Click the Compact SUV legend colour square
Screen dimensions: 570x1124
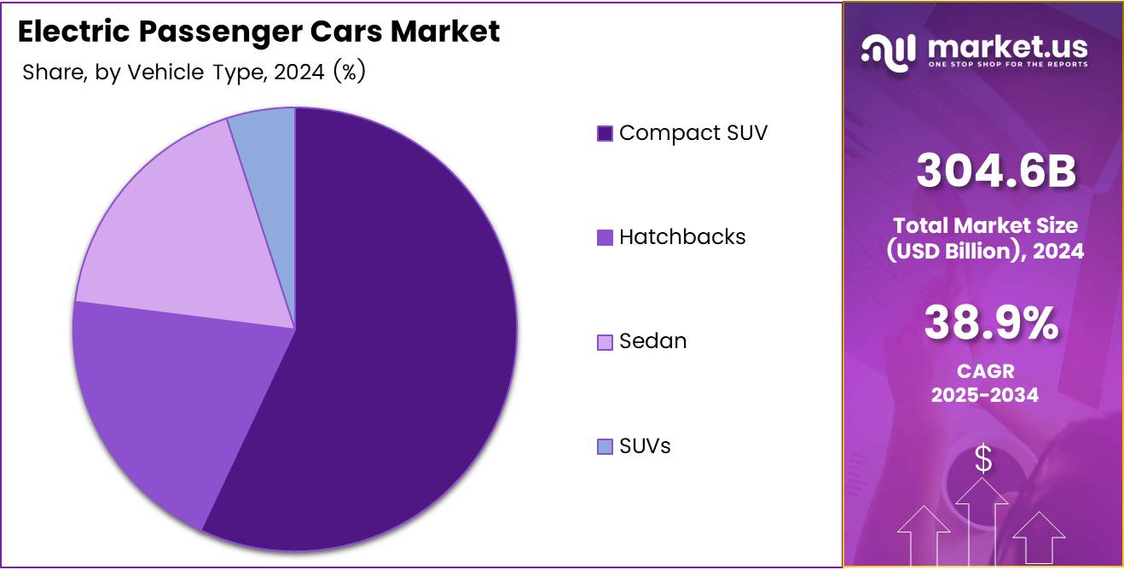(x=605, y=133)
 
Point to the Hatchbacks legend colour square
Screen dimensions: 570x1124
(x=605, y=238)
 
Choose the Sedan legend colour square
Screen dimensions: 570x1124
(x=605, y=342)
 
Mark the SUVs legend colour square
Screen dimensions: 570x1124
(x=605, y=446)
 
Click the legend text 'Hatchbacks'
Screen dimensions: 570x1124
(x=682, y=237)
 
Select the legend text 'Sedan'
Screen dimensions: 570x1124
(x=653, y=341)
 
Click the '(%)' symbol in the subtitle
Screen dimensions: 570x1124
(x=349, y=73)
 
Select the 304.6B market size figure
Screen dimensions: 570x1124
(x=996, y=171)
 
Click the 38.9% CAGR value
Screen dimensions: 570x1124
(x=991, y=323)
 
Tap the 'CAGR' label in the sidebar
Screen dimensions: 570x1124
(x=984, y=372)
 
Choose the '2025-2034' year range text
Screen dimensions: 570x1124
(x=984, y=394)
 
